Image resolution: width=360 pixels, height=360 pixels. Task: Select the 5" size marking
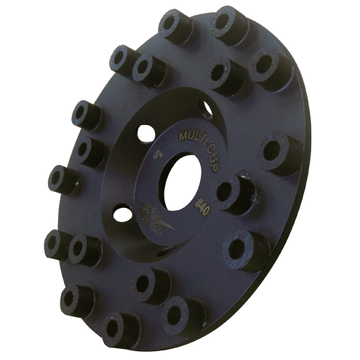pyautogui.click(x=159, y=155)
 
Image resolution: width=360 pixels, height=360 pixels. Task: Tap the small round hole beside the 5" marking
pyautogui.click(x=146, y=133)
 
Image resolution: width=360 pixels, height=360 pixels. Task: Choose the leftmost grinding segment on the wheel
pyautogui.click(x=61, y=178)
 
